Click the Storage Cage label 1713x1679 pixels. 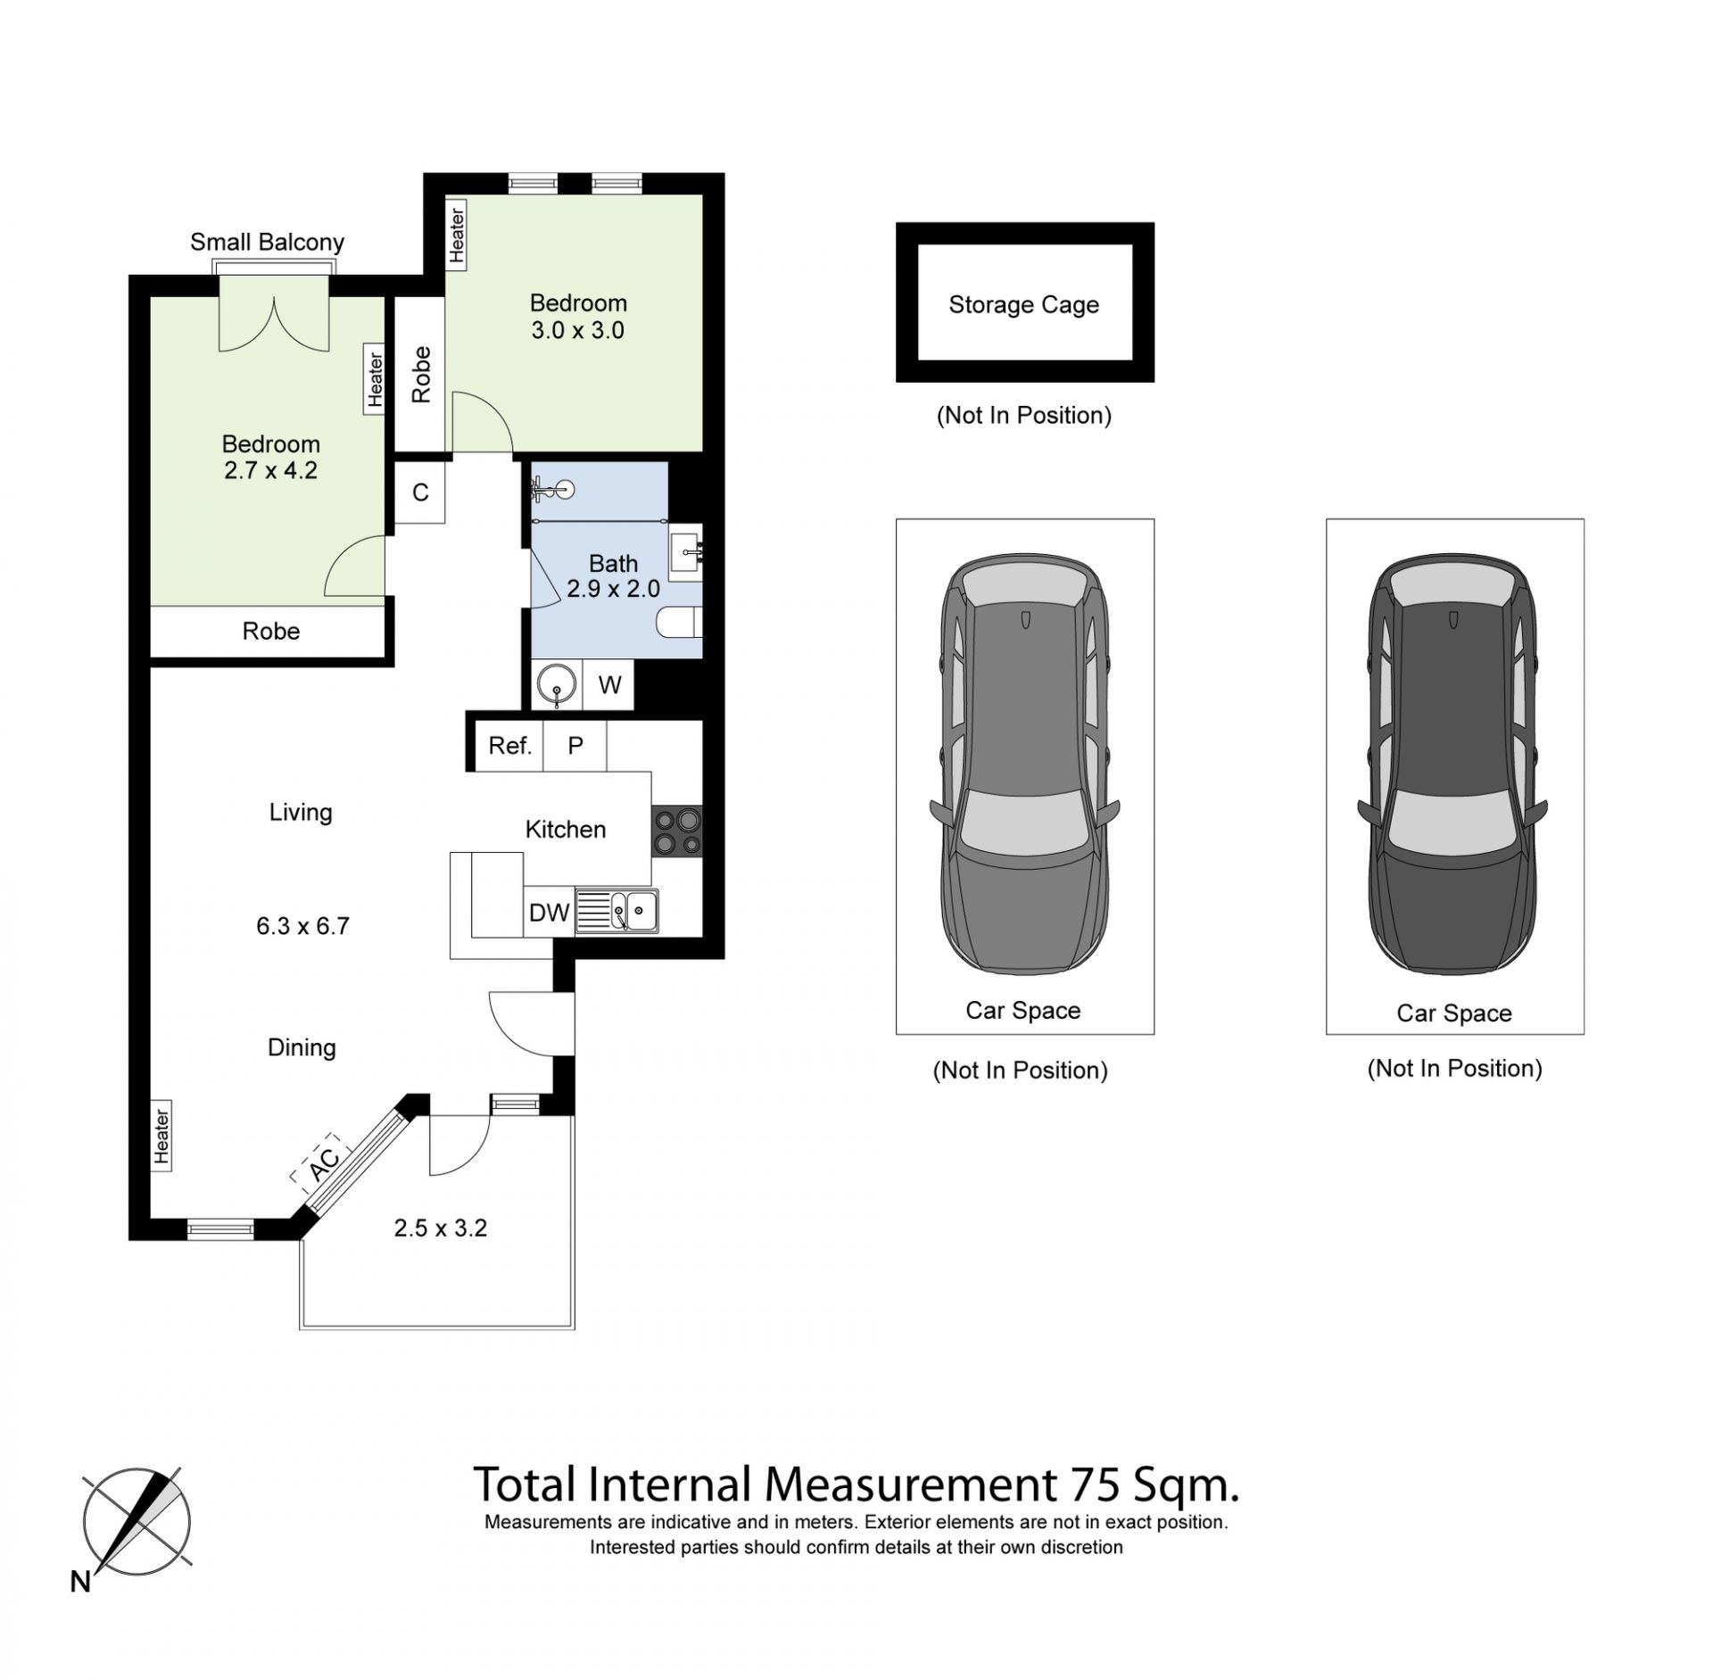(x=1023, y=305)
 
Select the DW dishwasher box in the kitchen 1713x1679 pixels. (x=549, y=912)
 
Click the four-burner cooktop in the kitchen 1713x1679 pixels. (x=677, y=831)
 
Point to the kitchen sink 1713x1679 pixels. (x=617, y=911)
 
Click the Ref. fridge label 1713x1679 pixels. (x=509, y=745)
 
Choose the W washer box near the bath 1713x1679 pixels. (x=609, y=684)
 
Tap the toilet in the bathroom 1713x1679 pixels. (x=680, y=622)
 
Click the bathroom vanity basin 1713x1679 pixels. (x=686, y=552)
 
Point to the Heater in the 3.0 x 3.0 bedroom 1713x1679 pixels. (x=456, y=235)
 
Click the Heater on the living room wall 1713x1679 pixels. (x=161, y=1136)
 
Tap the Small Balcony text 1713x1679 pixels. (x=267, y=243)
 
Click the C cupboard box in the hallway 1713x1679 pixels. (x=420, y=492)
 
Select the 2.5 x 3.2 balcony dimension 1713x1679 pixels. (x=441, y=1228)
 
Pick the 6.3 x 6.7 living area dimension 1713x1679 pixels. (x=302, y=926)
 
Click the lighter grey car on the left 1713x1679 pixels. (x=1025, y=765)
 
